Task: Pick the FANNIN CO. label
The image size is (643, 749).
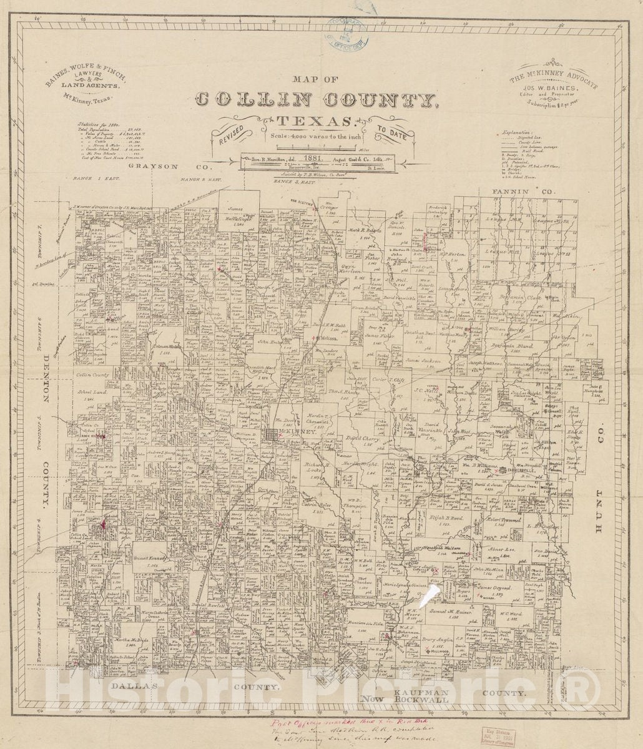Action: point(521,191)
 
